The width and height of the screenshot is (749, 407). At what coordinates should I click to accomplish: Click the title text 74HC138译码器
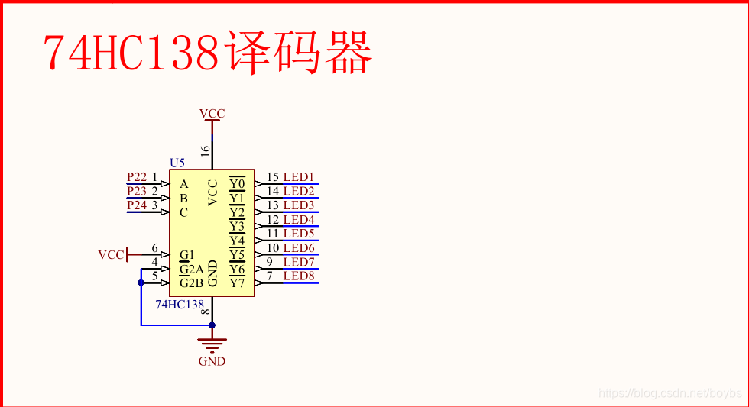coord(207,53)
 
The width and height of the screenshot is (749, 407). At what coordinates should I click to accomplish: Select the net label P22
coord(137,177)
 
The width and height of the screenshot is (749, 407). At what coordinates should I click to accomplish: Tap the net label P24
coord(137,205)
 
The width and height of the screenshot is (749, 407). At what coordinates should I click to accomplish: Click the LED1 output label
coord(299,177)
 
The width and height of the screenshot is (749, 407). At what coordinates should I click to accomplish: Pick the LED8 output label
coord(299,276)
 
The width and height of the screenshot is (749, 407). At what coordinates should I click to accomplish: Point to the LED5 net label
coord(299,234)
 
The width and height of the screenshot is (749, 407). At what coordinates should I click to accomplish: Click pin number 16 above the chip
coord(205,151)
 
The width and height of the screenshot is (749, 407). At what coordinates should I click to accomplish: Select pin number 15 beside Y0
coord(273,177)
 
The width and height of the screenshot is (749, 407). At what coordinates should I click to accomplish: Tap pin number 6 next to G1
coord(154,248)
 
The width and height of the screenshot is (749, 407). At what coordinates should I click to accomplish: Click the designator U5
coord(177,163)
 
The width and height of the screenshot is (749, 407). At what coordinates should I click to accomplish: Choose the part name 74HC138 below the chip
coord(180,304)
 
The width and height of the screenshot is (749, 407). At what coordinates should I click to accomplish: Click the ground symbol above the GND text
coord(212,344)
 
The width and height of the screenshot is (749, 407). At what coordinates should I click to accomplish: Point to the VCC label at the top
coord(212,114)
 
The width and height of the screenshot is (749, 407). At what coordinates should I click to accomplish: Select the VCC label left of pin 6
coord(110,255)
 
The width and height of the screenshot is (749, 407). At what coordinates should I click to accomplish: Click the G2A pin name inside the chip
coord(192,269)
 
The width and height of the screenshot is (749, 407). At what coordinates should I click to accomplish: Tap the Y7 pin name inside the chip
coord(237,283)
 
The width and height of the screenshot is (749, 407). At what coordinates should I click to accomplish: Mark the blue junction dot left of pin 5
coord(141,283)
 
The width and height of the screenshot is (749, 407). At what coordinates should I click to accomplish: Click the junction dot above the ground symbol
coord(212,325)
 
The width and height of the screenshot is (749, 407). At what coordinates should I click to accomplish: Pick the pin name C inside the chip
coord(183,212)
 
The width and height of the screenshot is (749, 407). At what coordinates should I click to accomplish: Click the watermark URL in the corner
coord(670,393)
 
